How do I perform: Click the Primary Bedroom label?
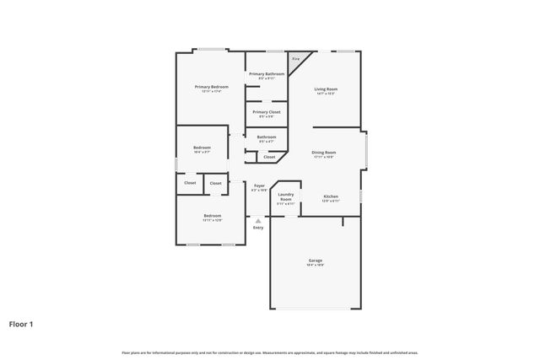[x=212, y=87]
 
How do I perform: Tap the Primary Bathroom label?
[x=266, y=74]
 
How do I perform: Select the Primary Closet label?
[x=266, y=111]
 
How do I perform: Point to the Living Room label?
[x=326, y=89]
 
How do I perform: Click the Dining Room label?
[x=324, y=153]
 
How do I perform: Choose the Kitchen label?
[x=331, y=197]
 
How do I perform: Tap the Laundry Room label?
[x=286, y=196]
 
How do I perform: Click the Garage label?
[x=315, y=261]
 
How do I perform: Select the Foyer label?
[x=259, y=185]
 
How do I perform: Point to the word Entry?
[x=258, y=228]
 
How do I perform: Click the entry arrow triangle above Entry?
[x=258, y=220]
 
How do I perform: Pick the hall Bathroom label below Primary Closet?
[x=267, y=137]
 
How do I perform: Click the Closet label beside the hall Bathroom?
[x=269, y=157]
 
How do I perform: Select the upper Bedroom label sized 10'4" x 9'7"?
[x=202, y=148]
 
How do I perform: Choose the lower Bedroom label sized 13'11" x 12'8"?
[x=212, y=216]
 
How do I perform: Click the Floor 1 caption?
[x=21, y=324]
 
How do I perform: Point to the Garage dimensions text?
[x=315, y=265]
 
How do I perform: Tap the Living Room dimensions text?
[x=326, y=94]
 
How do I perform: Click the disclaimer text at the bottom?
[x=270, y=352]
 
